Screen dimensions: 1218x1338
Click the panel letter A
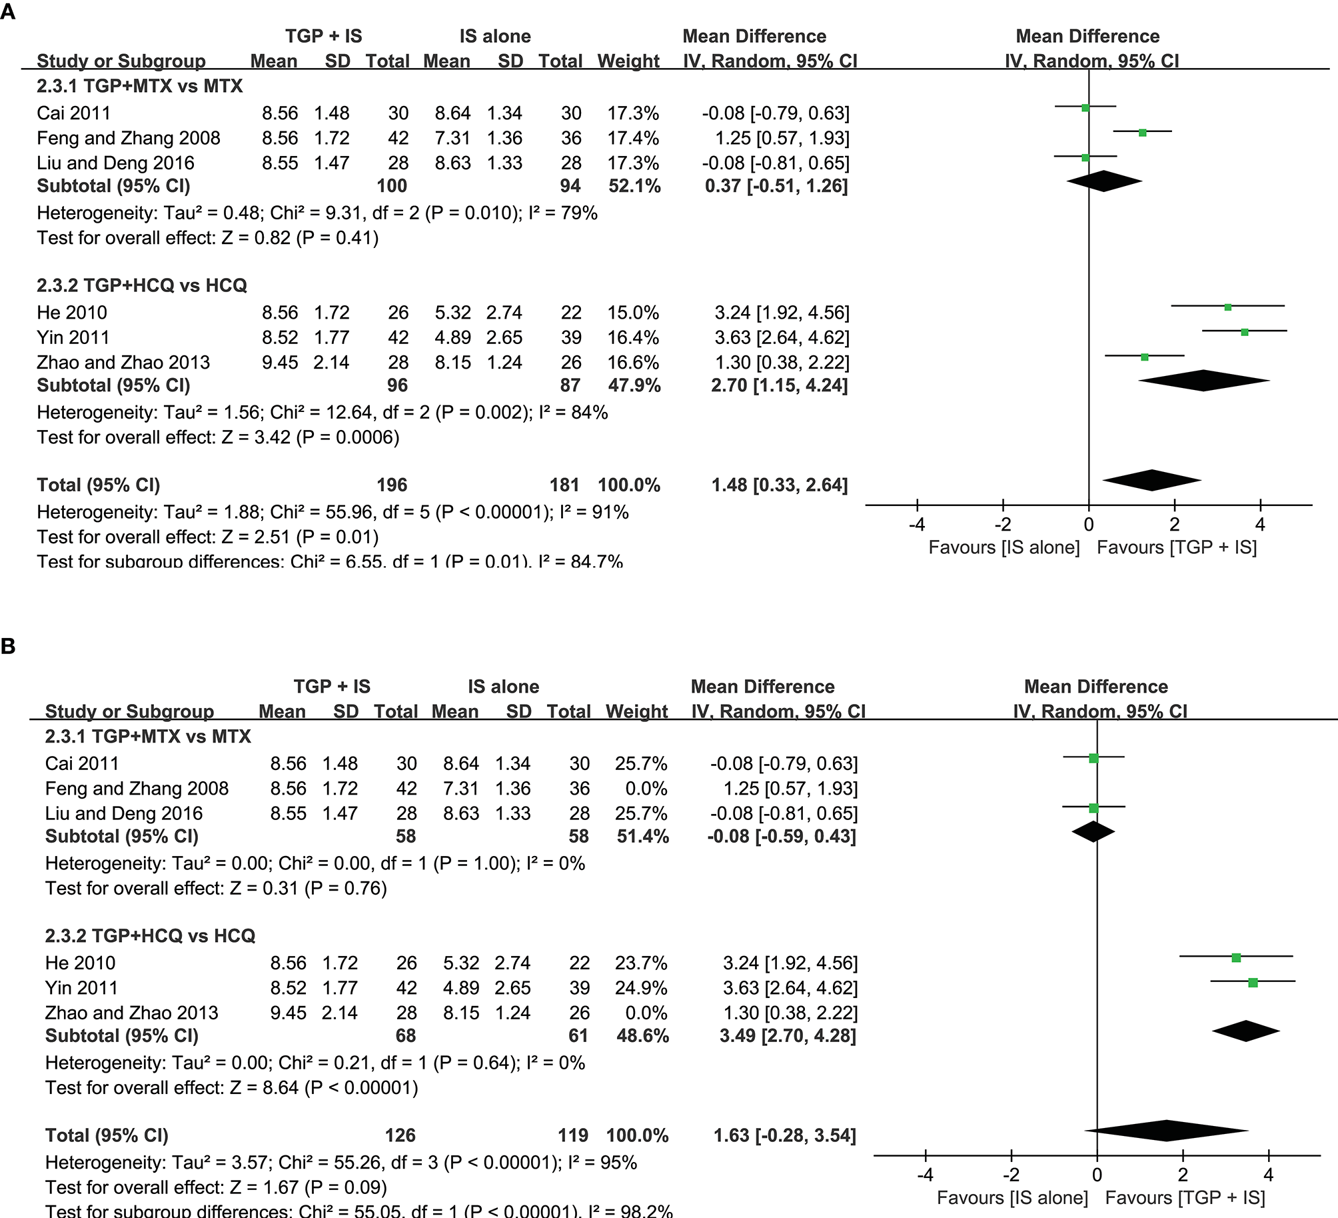coord(8,11)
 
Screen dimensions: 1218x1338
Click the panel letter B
coord(8,646)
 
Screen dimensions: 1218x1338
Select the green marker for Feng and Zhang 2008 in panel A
coord(1142,133)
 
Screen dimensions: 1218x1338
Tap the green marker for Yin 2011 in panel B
coord(1253,983)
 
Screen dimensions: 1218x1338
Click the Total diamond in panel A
coord(1152,480)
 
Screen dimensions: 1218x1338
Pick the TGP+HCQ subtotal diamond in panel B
coord(1246,1031)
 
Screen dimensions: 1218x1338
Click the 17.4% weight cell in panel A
coord(632,138)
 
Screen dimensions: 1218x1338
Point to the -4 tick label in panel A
coord(917,525)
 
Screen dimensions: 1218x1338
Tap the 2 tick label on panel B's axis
coord(1183,1175)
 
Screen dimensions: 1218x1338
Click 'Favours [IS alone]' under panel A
coord(1003,547)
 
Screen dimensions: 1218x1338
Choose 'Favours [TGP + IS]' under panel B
coord(1185,1198)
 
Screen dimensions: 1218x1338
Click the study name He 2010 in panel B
coord(80,963)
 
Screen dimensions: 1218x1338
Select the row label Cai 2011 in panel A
coord(73,113)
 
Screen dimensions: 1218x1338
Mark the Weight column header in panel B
coord(636,711)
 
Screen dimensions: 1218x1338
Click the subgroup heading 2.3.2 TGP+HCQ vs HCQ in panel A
coord(141,285)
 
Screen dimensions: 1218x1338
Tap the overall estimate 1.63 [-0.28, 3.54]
coord(784,1135)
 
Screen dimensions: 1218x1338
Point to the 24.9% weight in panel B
coord(641,987)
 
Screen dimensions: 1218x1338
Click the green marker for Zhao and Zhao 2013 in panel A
coord(1145,357)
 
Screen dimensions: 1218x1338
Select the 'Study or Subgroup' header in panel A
coord(121,61)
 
